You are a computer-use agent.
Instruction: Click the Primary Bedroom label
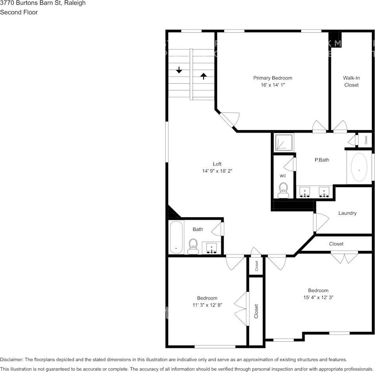coord(272,78)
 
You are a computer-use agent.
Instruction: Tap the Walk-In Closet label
coord(351,81)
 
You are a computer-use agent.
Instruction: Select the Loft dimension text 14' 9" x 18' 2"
coord(217,171)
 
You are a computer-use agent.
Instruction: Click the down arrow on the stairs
coord(179,70)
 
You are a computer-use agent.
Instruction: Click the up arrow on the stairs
coord(203,76)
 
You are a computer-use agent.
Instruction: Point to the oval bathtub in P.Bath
coord(359,168)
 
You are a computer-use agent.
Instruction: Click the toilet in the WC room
coord(283,190)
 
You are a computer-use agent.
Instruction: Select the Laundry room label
coord(347,213)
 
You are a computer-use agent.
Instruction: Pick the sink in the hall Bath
coord(212,248)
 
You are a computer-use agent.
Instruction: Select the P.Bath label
coord(322,160)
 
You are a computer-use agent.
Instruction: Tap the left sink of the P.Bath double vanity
coord(305,192)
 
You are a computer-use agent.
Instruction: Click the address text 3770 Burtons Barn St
coord(42,3)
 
